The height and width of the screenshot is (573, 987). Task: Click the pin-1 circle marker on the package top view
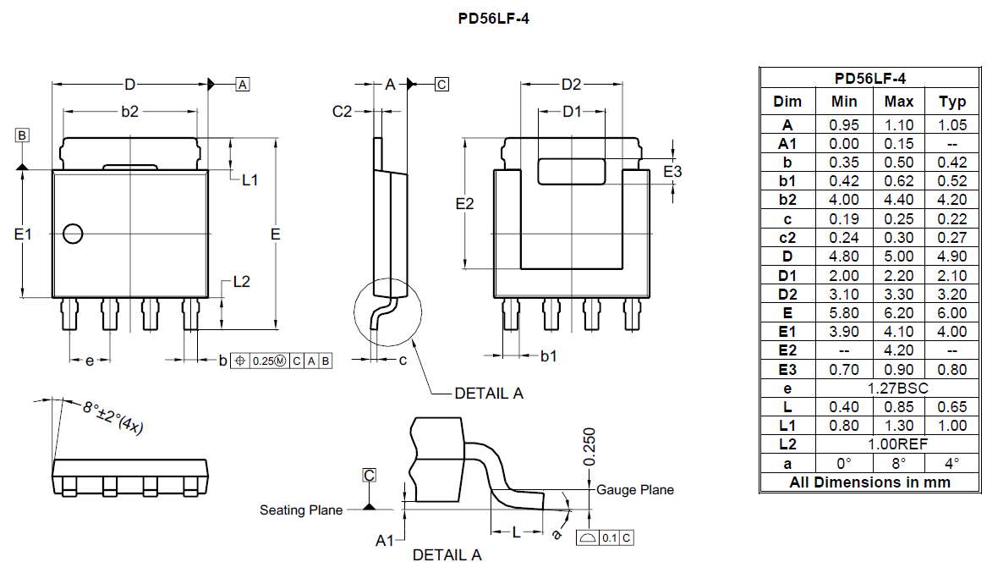[x=73, y=233]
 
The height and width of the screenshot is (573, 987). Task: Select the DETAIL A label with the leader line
[x=488, y=393]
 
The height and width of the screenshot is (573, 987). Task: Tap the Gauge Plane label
[x=635, y=490]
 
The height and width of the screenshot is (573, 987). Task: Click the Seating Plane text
[x=301, y=510]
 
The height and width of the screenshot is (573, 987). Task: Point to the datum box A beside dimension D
[x=243, y=85]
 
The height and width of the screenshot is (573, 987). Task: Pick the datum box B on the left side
[x=22, y=135]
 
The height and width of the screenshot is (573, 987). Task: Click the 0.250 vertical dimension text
[x=589, y=445]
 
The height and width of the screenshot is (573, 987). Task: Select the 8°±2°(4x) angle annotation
[x=113, y=416]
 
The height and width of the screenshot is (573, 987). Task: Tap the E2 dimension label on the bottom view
[x=464, y=204]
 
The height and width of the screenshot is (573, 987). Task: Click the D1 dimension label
[x=573, y=112]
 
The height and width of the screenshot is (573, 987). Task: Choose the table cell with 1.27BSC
[x=898, y=388]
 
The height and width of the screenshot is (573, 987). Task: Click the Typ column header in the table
[x=952, y=102]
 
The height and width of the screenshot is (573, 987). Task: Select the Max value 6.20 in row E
[x=898, y=313]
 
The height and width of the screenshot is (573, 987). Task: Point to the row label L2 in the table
[x=787, y=444]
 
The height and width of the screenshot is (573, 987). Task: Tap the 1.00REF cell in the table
[x=898, y=444]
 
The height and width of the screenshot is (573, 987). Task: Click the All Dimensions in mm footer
[x=870, y=482]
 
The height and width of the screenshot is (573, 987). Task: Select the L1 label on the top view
[x=250, y=179]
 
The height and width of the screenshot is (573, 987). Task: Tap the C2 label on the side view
[x=342, y=112]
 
